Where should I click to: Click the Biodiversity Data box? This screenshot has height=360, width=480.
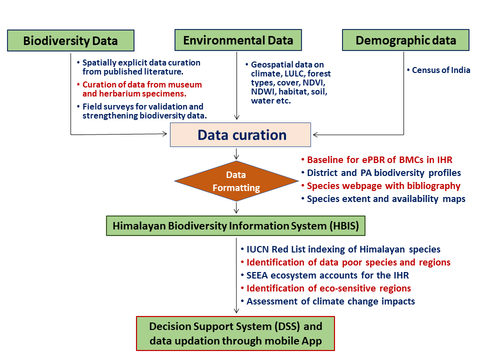pyautogui.click(x=70, y=40)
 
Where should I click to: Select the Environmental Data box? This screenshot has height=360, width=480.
pyautogui.click(x=238, y=40)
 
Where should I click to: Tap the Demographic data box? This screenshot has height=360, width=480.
pyautogui.click(x=405, y=40)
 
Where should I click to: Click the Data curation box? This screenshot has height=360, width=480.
pyautogui.click(x=241, y=134)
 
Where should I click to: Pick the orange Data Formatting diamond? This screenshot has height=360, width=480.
pyautogui.click(x=236, y=181)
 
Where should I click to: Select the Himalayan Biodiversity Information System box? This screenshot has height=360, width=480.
pyautogui.click(x=235, y=225)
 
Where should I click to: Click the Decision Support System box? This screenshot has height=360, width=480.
pyautogui.click(x=235, y=333)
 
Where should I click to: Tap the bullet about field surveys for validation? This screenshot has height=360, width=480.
pyautogui.click(x=144, y=111)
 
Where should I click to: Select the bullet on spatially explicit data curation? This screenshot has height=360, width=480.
pyautogui.click(x=141, y=67)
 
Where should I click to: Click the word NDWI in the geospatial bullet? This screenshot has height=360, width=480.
pyautogui.click(x=263, y=92)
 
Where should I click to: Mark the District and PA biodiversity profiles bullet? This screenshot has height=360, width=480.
pyautogui.click(x=383, y=173)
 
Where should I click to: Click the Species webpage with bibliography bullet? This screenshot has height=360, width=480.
pyautogui.click(x=383, y=186)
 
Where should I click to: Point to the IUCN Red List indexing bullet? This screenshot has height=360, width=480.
pyautogui.click(x=343, y=249)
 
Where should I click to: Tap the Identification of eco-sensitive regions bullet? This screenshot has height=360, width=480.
pyautogui.click(x=328, y=288)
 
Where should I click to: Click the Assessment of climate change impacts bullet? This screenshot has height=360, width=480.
pyautogui.click(x=330, y=301)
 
